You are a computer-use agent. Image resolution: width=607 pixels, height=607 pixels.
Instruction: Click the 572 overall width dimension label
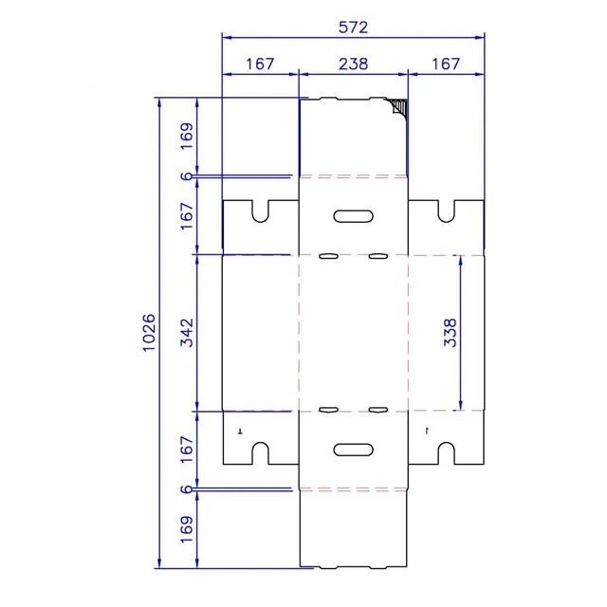point(353,28)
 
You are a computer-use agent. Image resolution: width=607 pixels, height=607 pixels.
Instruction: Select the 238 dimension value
point(353,64)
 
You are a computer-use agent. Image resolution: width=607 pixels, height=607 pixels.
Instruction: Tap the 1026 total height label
point(149,333)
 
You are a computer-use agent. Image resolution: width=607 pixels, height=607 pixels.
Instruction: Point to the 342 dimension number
point(187,333)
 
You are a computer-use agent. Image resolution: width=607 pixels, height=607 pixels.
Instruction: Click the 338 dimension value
point(451,333)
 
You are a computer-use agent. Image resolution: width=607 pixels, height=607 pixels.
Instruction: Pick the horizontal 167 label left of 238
point(260,64)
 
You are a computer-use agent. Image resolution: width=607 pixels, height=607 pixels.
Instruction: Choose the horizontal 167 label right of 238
point(446,64)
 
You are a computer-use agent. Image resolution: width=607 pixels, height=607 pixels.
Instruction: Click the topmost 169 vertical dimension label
point(187,137)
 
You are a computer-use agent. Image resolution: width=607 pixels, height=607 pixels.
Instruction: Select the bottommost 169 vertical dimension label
point(187,529)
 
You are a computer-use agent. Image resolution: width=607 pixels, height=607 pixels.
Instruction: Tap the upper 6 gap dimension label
point(187,176)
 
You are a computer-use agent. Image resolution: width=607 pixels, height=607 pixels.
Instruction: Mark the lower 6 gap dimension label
point(187,489)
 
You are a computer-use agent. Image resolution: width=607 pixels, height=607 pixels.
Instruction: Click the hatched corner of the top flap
point(398,105)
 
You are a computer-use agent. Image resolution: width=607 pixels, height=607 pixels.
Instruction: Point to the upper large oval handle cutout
point(354,216)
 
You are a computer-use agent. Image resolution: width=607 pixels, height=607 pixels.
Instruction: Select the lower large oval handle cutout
point(354,450)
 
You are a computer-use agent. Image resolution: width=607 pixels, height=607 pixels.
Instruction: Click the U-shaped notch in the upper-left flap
point(260,219)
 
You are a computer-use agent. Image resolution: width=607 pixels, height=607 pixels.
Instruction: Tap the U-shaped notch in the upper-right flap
point(446,219)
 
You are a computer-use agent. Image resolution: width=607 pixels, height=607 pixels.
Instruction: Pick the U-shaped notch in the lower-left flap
point(260,446)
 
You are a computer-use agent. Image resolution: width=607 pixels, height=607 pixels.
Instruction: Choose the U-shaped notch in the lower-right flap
point(446,446)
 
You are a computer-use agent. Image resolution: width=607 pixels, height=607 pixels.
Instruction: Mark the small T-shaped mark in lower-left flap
point(240,431)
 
